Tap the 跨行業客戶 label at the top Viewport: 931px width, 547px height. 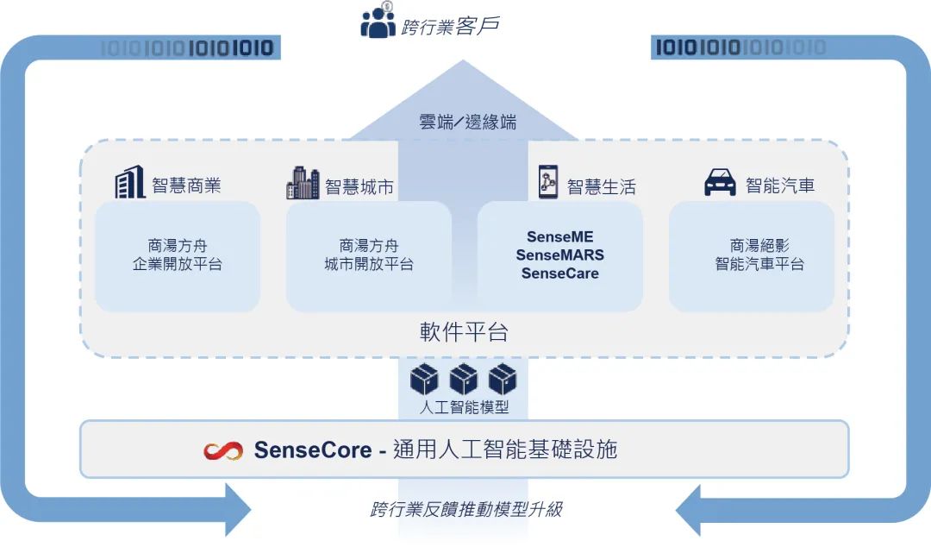pyautogui.click(x=450, y=26)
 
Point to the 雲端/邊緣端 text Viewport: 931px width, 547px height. pyautogui.click(x=466, y=123)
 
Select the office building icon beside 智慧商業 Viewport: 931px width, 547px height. pyautogui.click(x=130, y=182)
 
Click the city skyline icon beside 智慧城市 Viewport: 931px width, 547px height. pyautogui.click(x=303, y=182)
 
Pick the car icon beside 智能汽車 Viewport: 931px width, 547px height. pyautogui.click(x=721, y=183)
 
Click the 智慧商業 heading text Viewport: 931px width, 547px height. pyautogui.click(x=186, y=185)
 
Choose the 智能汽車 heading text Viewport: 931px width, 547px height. pyautogui.click(x=779, y=185)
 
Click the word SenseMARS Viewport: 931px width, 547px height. pyautogui.click(x=559, y=255)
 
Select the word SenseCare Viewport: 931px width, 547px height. pyautogui.click(x=559, y=273)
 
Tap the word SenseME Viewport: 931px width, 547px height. pyautogui.click(x=559, y=237)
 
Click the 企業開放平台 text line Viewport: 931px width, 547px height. pyautogui.click(x=177, y=265)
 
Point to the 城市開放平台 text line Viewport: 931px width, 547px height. pyautogui.click(x=368, y=265)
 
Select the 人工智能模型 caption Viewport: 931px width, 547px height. pyautogui.click(x=464, y=406)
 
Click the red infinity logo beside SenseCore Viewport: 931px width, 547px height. pyautogui.click(x=223, y=450)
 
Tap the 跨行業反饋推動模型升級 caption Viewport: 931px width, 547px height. pyautogui.click(x=466, y=509)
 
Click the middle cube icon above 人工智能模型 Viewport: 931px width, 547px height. pyautogui.click(x=464, y=380)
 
